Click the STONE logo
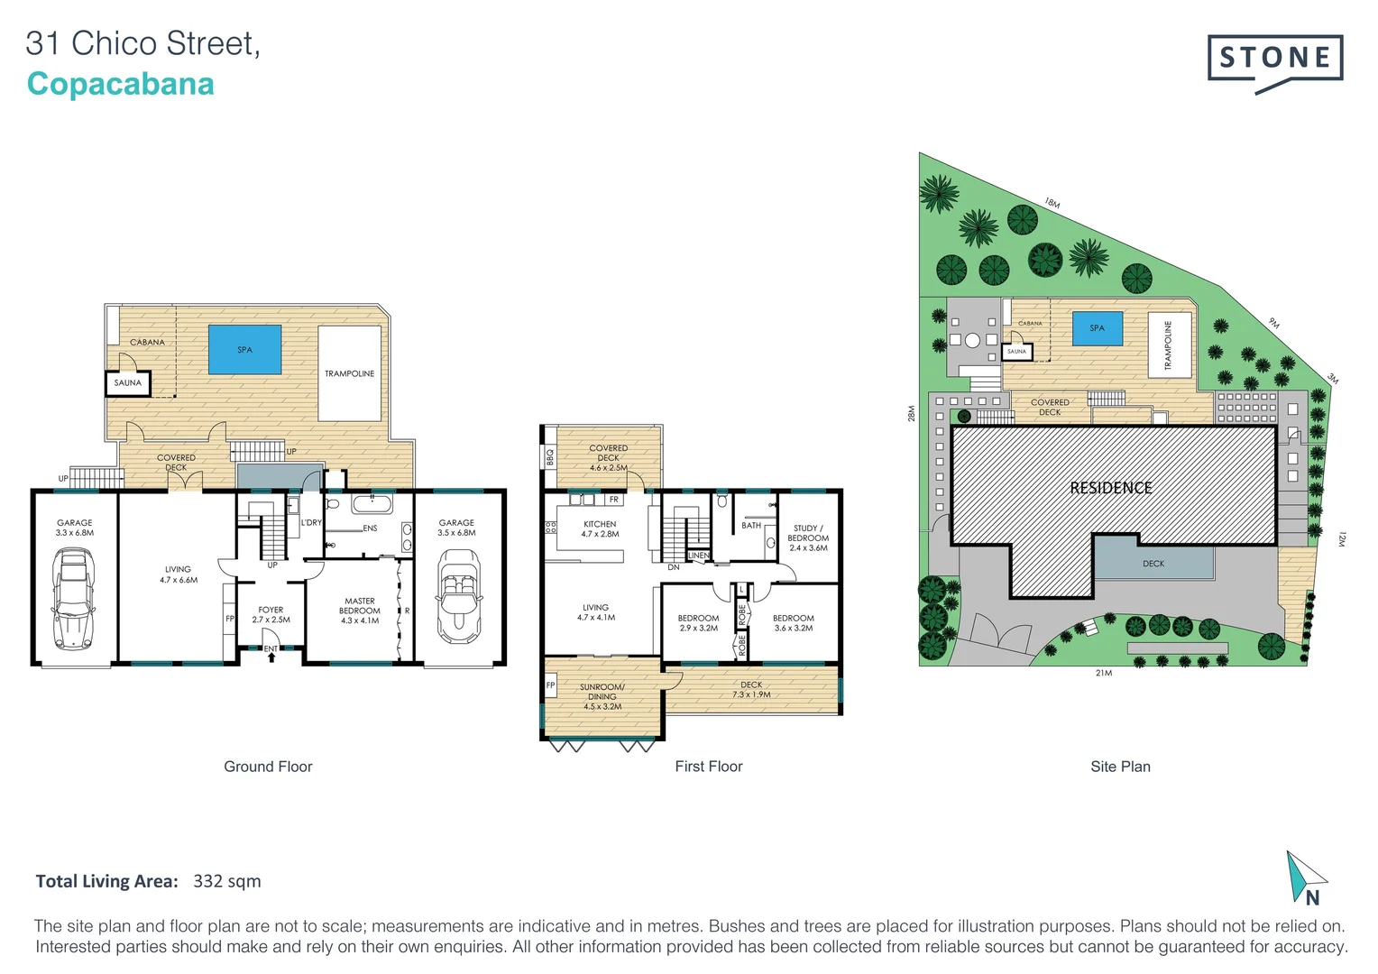1275,60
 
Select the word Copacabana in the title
120,84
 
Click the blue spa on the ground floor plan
244,350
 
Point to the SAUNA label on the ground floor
127,383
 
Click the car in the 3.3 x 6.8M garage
74,601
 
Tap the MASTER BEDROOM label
359,611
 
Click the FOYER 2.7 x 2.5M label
271,615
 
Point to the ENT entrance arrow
271,653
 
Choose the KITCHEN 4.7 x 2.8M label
600,528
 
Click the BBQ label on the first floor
549,458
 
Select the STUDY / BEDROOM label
807,538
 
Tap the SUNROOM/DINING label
602,696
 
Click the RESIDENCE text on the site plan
1110,488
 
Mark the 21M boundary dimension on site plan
1103,673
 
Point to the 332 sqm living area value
226,881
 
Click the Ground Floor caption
268,767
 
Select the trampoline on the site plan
1169,345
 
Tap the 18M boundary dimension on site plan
1052,203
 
